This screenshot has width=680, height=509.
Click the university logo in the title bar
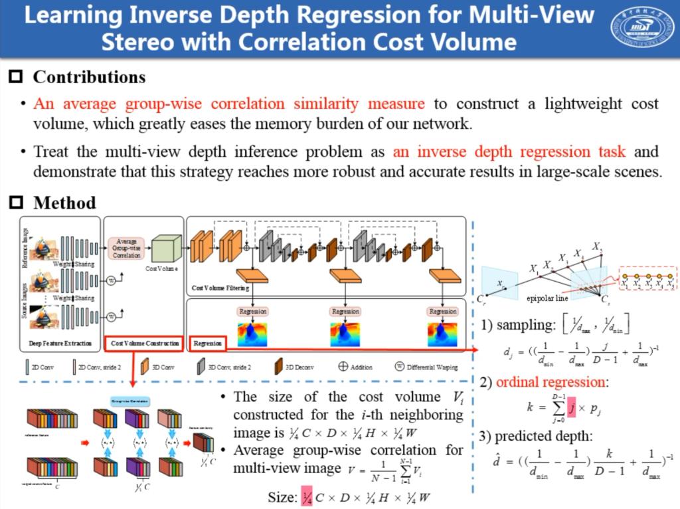[x=641, y=28]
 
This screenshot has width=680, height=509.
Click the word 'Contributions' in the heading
[x=89, y=77]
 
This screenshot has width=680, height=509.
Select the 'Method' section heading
[x=64, y=203]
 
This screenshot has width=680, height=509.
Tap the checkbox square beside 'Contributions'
[x=16, y=77]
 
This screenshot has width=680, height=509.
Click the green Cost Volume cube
[x=166, y=249]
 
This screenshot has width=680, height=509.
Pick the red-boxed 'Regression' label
[x=208, y=344]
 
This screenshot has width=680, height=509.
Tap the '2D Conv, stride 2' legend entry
[x=93, y=367]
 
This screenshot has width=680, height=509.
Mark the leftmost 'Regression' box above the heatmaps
[x=252, y=311]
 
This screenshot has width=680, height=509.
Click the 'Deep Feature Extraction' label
[x=60, y=344]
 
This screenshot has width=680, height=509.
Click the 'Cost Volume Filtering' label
[x=220, y=288]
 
